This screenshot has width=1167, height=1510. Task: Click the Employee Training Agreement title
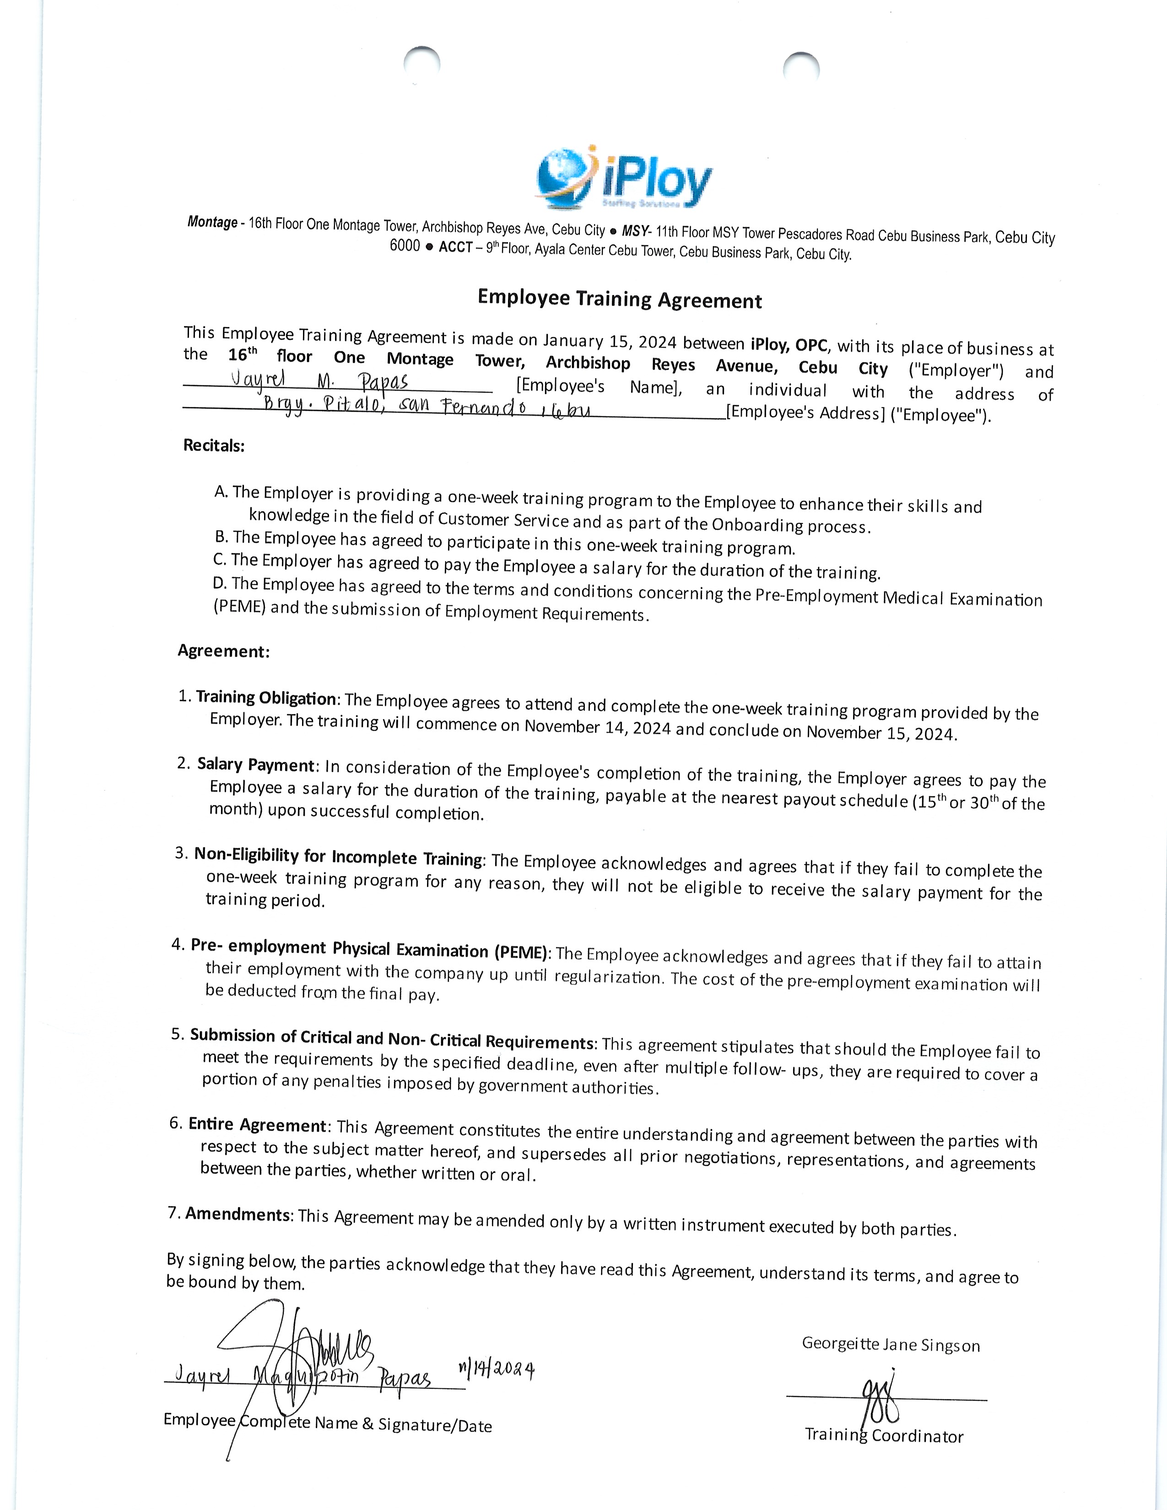pos(620,299)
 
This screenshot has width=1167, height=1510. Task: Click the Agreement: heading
pos(223,651)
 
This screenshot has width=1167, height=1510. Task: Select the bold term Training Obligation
pos(266,698)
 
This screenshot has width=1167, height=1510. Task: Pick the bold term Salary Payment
pos(256,765)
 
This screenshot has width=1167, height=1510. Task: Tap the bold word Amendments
pos(238,1214)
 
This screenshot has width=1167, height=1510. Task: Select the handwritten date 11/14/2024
pos(497,1370)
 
